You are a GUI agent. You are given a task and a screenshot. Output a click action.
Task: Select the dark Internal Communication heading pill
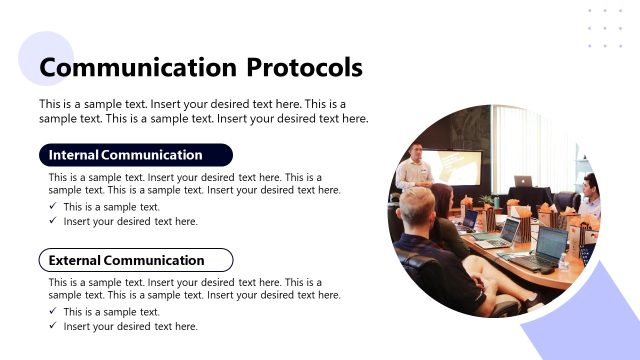tap(135, 155)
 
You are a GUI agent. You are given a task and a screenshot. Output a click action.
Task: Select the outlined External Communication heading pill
tap(135, 260)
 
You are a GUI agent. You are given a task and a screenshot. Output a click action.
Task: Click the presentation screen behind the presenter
tap(456, 166)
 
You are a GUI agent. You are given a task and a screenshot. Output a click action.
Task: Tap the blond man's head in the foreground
tap(417, 207)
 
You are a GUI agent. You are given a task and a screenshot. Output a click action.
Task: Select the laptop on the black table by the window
tap(523, 181)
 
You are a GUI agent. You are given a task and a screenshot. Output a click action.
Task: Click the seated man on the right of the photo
tap(590, 194)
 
